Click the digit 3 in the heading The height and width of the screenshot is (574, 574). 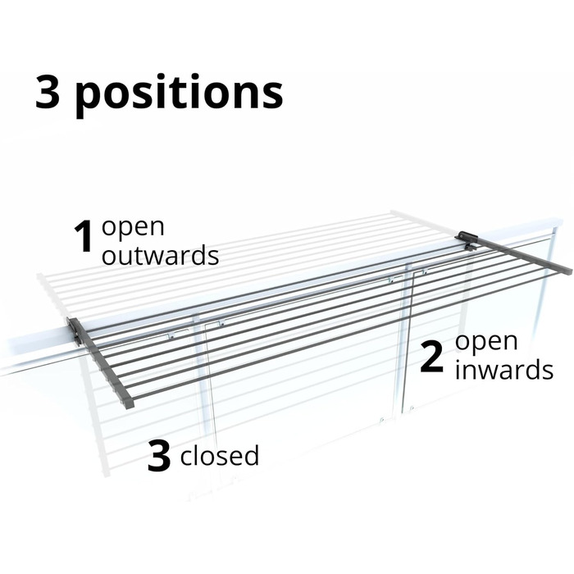[48, 92]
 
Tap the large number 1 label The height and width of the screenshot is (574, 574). [84, 236]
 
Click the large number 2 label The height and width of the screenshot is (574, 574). [432, 357]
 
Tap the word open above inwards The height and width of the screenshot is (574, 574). [486, 342]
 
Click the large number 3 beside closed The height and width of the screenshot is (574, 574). [159, 456]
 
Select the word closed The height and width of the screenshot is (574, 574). [220, 454]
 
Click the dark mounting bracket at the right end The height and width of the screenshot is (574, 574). [467, 239]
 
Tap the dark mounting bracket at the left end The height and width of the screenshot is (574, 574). [75, 331]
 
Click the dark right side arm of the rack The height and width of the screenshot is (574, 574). [516, 253]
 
